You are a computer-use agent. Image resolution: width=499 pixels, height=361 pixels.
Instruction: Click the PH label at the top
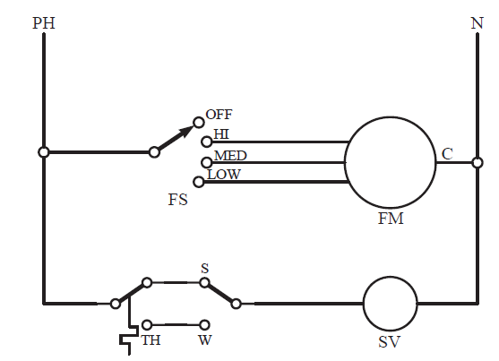tap(44, 23)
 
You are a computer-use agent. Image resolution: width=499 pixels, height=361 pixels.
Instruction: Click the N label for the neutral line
tap(477, 23)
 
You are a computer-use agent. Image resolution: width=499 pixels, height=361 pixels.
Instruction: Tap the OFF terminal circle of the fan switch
tap(199, 122)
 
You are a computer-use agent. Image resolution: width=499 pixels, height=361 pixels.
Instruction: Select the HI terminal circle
tap(207, 142)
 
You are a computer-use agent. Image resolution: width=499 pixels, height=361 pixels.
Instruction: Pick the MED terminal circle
tap(207, 163)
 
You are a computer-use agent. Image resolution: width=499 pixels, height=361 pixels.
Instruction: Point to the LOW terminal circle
tap(199, 182)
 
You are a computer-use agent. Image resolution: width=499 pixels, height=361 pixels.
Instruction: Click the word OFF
tap(219, 115)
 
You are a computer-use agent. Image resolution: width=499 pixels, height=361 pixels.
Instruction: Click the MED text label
tap(230, 156)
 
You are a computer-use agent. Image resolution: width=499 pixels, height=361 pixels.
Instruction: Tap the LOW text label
tap(224, 175)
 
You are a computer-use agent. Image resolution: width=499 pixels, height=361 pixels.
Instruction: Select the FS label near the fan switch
tap(178, 200)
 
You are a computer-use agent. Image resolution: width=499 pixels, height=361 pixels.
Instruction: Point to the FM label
tap(391, 219)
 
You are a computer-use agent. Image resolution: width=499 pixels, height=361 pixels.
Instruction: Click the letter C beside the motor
tap(447, 154)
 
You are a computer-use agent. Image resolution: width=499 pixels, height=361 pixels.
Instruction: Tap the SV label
tap(389, 342)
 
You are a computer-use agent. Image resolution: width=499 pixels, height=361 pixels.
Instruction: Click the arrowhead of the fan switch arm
tap(187, 131)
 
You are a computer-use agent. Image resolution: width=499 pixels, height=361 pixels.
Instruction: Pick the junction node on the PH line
tap(44, 152)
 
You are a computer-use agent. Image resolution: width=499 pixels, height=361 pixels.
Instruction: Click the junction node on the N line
tap(477, 163)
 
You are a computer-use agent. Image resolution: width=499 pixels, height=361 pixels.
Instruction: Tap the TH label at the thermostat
tap(151, 340)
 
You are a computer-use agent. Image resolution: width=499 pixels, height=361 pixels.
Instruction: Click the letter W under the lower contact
tap(204, 340)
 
